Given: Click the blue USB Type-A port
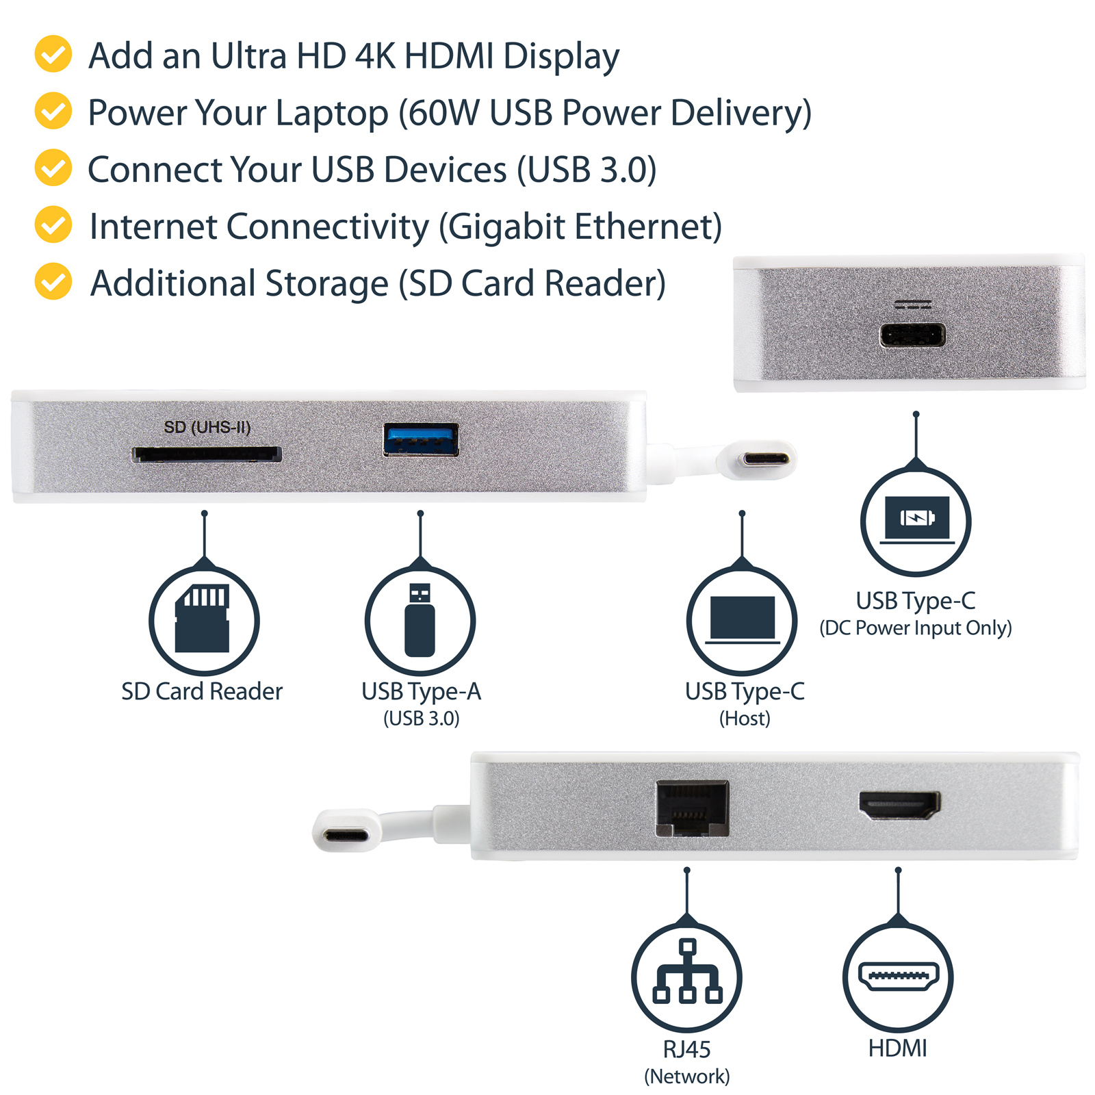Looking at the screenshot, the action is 421,439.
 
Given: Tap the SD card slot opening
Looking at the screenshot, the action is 207,454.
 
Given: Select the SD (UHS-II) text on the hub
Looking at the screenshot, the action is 207,427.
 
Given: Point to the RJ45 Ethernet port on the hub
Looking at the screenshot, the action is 693,808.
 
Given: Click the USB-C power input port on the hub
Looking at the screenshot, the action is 912,335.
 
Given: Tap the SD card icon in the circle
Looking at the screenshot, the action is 203,618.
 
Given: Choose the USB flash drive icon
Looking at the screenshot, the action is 420,619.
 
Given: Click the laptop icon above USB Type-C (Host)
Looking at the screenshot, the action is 743,619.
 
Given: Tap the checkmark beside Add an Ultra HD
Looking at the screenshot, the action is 53,54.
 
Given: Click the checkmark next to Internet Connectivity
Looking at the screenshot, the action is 53,224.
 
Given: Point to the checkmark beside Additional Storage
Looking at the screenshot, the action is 53,281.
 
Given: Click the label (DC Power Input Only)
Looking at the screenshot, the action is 916,628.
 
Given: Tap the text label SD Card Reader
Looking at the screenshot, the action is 202,691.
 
